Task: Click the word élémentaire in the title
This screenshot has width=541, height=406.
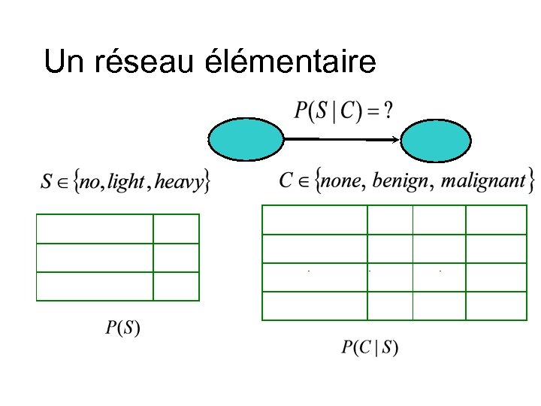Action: tap(291, 62)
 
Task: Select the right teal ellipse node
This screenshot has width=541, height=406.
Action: tap(436, 141)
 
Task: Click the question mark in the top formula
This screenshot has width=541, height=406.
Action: tap(387, 111)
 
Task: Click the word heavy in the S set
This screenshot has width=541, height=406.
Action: tap(179, 182)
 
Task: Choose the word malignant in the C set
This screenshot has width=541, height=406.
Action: tap(483, 181)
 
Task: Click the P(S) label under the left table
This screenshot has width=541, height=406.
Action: tap(122, 328)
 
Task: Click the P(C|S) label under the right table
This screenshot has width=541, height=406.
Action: tap(370, 347)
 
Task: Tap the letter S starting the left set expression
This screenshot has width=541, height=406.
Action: tap(47, 182)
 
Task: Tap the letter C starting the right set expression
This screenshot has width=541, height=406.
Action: tap(286, 180)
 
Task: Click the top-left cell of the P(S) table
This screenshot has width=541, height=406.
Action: tap(95, 229)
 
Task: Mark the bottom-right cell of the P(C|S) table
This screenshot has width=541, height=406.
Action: tap(496, 306)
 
